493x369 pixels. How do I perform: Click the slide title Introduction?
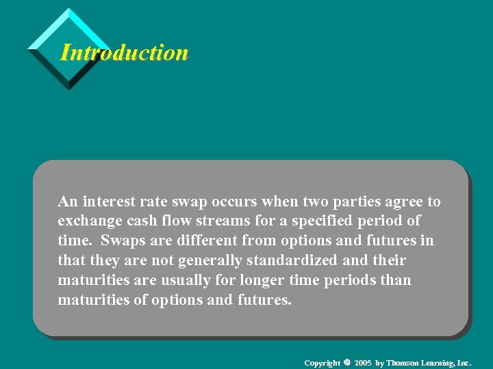point(124,53)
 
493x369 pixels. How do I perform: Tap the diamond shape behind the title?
point(68,27)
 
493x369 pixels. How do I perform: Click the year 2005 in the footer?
point(363,362)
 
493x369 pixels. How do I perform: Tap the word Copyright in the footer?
point(322,362)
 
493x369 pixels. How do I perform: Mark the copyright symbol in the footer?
point(347,361)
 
